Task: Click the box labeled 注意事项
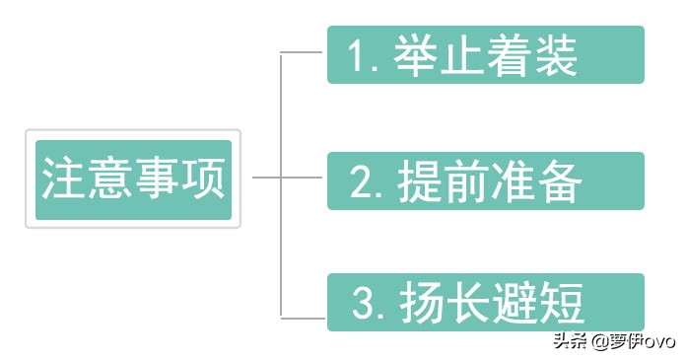(133, 180)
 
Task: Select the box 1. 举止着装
(485, 55)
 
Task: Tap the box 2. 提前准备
(485, 180)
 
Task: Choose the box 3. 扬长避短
(485, 303)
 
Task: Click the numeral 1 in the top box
(358, 56)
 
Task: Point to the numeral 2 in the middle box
(361, 183)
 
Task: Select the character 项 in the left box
(204, 180)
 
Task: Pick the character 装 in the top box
(556, 55)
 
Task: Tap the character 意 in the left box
(109, 180)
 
